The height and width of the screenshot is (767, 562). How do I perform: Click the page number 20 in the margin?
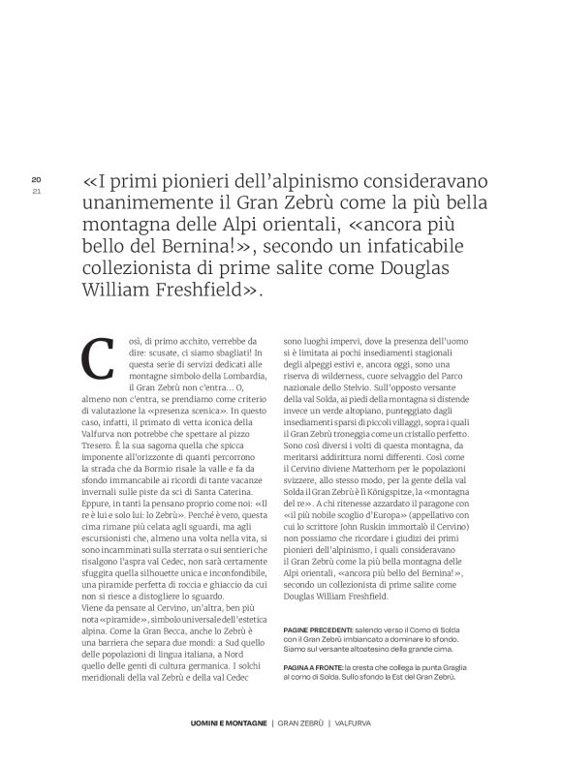[x=36, y=180]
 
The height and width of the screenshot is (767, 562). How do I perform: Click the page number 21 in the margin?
[x=36, y=191]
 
